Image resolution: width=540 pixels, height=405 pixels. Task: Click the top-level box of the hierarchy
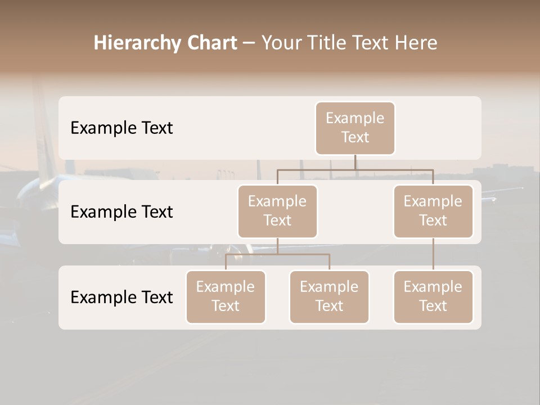coord(355,128)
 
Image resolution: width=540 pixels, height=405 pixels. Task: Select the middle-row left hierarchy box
coord(277,211)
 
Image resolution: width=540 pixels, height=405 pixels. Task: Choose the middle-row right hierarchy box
coord(433,211)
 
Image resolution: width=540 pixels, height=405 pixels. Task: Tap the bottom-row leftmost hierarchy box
coord(226,296)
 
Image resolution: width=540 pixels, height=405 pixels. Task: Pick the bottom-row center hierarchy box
coord(329,296)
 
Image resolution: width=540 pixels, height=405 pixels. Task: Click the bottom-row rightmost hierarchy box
coord(433,296)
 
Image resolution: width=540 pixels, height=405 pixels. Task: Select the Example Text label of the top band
coord(121,128)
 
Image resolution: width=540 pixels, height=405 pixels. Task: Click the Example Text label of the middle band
coord(121,212)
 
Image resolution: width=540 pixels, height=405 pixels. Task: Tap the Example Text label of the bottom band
coord(121,297)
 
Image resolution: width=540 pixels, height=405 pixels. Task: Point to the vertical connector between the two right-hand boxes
coord(433,254)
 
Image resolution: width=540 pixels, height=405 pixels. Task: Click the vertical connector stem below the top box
coord(355,162)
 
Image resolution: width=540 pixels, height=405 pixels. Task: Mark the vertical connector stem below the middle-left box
coord(277,246)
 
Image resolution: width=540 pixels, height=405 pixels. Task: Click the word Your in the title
coord(281,43)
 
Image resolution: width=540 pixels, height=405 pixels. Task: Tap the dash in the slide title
coord(249,43)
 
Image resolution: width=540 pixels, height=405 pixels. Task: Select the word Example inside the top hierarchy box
coord(355,118)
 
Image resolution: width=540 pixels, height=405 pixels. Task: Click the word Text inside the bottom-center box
coord(329,306)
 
